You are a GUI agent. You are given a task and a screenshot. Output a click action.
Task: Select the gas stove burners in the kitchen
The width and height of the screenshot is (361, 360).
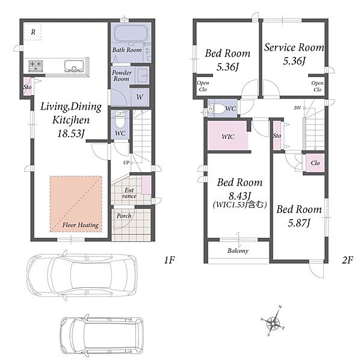[x=35, y=65]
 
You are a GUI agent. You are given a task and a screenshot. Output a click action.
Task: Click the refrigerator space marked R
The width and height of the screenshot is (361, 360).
[x=33, y=32]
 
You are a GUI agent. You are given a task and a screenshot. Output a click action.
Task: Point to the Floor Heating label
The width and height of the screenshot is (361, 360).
[x=81, y=225]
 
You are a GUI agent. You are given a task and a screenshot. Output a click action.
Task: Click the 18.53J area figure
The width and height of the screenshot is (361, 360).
[x=70, y=134]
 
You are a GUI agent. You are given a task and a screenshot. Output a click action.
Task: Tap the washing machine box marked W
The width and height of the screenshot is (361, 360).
[x=140, y=97]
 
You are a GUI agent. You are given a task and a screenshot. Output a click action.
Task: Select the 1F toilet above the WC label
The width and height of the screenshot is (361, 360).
[x=120, y=119]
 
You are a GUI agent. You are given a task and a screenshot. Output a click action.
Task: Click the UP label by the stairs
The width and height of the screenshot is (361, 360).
[x=126, y=163]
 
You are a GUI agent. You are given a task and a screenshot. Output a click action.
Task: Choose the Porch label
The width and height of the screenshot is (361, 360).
[x=124, y=216]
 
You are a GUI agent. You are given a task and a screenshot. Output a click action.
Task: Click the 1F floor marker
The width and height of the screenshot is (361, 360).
[x=170, y=260]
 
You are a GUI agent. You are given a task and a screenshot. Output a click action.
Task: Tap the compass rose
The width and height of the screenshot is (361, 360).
[x=273, y=321]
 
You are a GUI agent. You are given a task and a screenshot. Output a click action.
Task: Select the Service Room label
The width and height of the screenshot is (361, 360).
[x=294, y=48]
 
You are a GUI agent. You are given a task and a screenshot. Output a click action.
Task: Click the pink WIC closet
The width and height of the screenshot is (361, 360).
[x=227, y=135]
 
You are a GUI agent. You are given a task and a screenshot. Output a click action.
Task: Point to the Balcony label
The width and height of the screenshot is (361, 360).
[x=238, y=250]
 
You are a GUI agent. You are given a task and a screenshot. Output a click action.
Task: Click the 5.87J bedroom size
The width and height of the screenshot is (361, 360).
[x=299, y=223]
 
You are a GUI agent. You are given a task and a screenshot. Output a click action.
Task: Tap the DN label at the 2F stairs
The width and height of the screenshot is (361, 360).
[x=297, y=108]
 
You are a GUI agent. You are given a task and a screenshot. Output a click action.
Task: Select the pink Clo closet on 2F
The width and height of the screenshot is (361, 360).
[x=315, y=163]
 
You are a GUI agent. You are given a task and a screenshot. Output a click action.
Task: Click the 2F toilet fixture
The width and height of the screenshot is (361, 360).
[x=216, y=108]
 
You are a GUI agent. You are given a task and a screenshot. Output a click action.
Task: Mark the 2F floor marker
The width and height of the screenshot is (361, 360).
[x=347, y=260]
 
